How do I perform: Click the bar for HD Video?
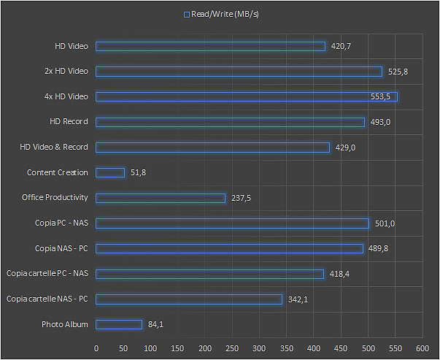(210, 46)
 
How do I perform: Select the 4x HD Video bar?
(247, 96)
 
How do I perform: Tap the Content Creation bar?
(110, 172)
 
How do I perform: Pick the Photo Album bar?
(119, 324)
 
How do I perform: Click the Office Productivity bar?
(161, 198)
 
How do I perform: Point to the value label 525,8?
(398, 72)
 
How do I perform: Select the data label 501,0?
(384, 223)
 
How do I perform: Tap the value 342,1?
(298, 299)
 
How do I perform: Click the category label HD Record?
(69, 122)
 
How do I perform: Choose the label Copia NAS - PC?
(61, 248)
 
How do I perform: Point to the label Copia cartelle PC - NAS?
(47, 274)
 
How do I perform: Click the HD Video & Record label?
(54, 148)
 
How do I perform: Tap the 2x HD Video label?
(66, 72)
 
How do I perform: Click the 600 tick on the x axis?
(422, 348)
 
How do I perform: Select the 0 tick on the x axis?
(96, 348)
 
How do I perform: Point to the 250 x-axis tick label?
(232, 348)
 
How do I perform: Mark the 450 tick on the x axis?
(341, 348)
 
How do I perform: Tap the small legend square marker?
(187, 14)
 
